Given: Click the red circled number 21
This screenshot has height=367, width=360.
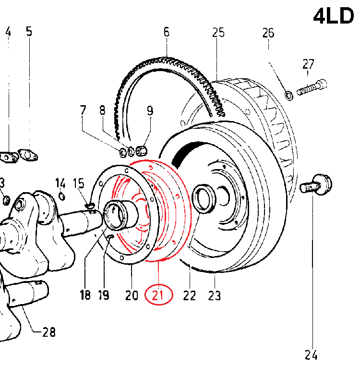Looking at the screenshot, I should tap(158, 295).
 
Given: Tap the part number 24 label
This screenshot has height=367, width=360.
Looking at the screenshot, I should tap(311, 355).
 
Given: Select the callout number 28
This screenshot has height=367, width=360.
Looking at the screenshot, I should tap(48, 331).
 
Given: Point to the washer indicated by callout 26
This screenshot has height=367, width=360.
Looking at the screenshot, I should tap(289, 95).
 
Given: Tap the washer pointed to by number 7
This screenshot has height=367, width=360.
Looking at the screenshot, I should tap(123, 153).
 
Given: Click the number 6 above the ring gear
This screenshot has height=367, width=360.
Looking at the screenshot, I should tap(166, 33).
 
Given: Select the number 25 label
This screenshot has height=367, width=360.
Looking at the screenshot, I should tap(218, 33).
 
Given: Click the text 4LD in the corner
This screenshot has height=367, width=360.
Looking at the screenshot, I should tap(333, 16).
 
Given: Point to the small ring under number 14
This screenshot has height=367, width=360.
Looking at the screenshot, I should tap(61, 195).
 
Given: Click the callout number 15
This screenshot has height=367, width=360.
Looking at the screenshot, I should tap(78, 183).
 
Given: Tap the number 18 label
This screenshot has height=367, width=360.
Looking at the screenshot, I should tap(85, 295).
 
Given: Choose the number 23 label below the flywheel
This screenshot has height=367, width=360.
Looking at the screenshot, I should tap(214, 295).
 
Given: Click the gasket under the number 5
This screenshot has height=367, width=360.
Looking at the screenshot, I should tap(28, 155).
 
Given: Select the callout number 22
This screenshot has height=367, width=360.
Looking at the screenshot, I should tap(190, 295).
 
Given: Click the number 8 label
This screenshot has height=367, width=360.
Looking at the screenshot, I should tap(102, 110).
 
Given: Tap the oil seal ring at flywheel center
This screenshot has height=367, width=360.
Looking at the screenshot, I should tap(203, 198).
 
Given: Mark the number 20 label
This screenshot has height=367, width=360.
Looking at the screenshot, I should tap(132, 295).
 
